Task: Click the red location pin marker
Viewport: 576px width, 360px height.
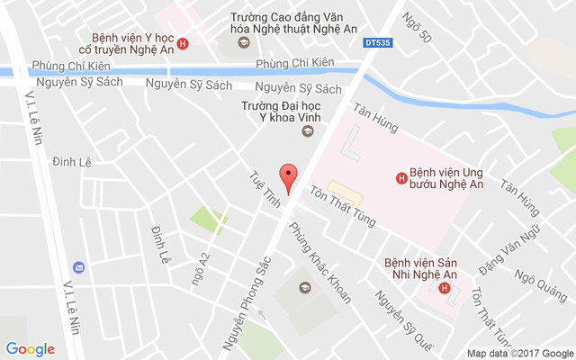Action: [x=288, y=177]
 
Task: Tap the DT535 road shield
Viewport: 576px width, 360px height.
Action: [x=379, y=41]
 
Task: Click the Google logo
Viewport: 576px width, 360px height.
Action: [x=30, y=349]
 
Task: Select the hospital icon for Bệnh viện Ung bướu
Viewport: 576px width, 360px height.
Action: [x=400, y=177]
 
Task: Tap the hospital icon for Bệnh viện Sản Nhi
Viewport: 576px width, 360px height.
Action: [x=445, y=288]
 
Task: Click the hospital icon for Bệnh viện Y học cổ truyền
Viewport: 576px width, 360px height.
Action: [x=183, y=43]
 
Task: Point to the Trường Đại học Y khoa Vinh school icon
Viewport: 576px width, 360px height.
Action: [x=307, y=132]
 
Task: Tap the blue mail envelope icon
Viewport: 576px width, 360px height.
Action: [x=79, y=267]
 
